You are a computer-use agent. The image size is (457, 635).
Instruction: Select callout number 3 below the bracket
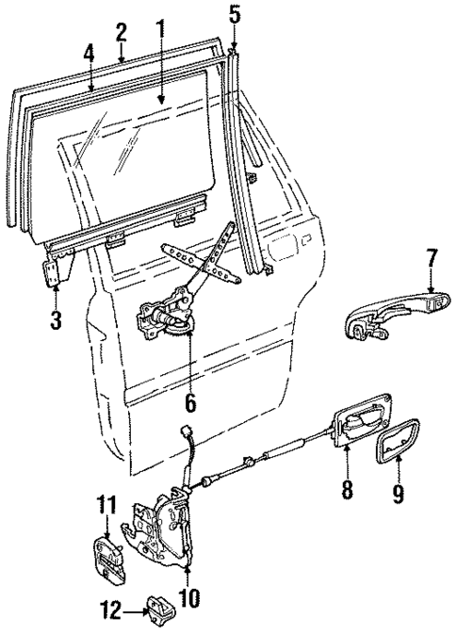tap(56, 319)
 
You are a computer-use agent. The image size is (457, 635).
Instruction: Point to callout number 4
tap(89, 53)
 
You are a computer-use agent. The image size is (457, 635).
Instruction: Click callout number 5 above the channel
tap(235, 15)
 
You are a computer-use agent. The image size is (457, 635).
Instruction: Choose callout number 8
tap(349, 490)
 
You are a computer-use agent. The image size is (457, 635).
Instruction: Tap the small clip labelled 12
tap(157, 611)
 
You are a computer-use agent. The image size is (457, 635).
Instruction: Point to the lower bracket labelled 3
tap(57, 274)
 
